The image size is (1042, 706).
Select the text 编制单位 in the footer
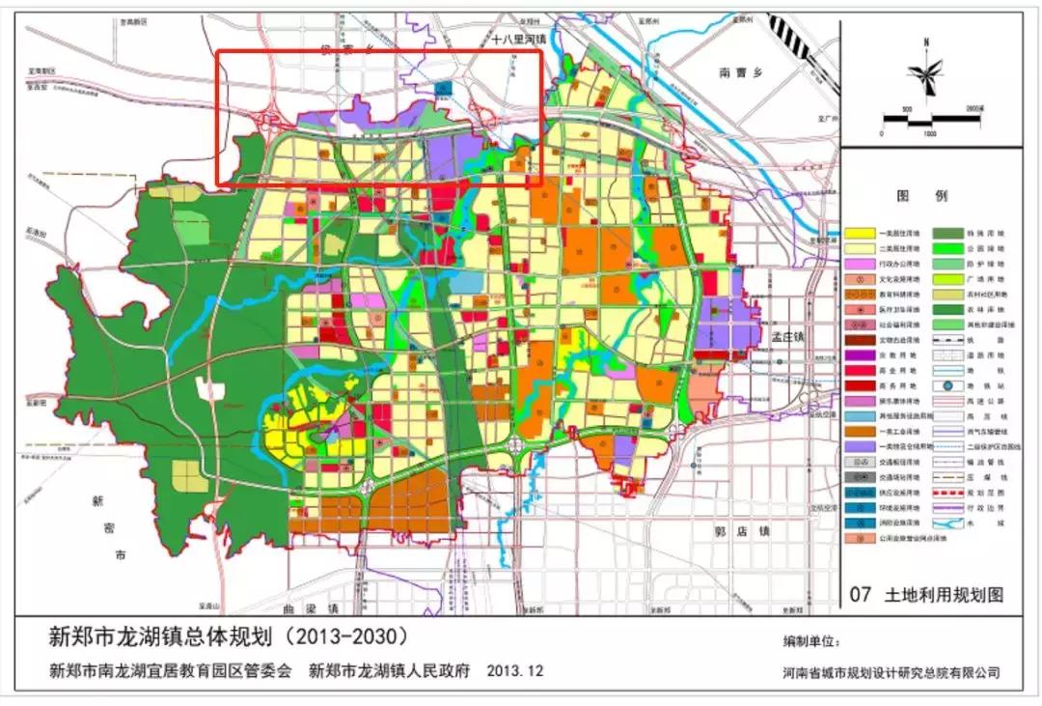[811, 641]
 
